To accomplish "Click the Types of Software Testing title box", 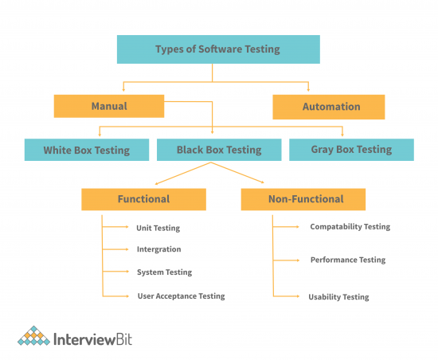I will [x=217, y=49].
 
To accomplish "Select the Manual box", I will [x=108, y=106].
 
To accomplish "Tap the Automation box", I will [x=328, y=107].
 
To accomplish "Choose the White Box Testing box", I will [x=87, y=149].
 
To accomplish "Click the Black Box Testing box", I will [x=218, y=149].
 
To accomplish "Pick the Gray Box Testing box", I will [x=351, y=149].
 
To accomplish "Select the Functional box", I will [x=143, y=199].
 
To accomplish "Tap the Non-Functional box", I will [x=303, y=199].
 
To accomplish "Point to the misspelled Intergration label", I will [x=158, y=249].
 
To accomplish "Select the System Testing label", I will [x=164, y=272].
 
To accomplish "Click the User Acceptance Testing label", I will [x=181, y=296].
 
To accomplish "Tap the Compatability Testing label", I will [x=350, y=227].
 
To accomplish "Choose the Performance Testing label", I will [x=347, y=260].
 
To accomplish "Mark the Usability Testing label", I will [x=338, y=297].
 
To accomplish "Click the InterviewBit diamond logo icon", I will [x=33, y=338].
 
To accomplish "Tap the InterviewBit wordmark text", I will [x=92, y=339].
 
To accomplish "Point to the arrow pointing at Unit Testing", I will [x=117, y=227].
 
